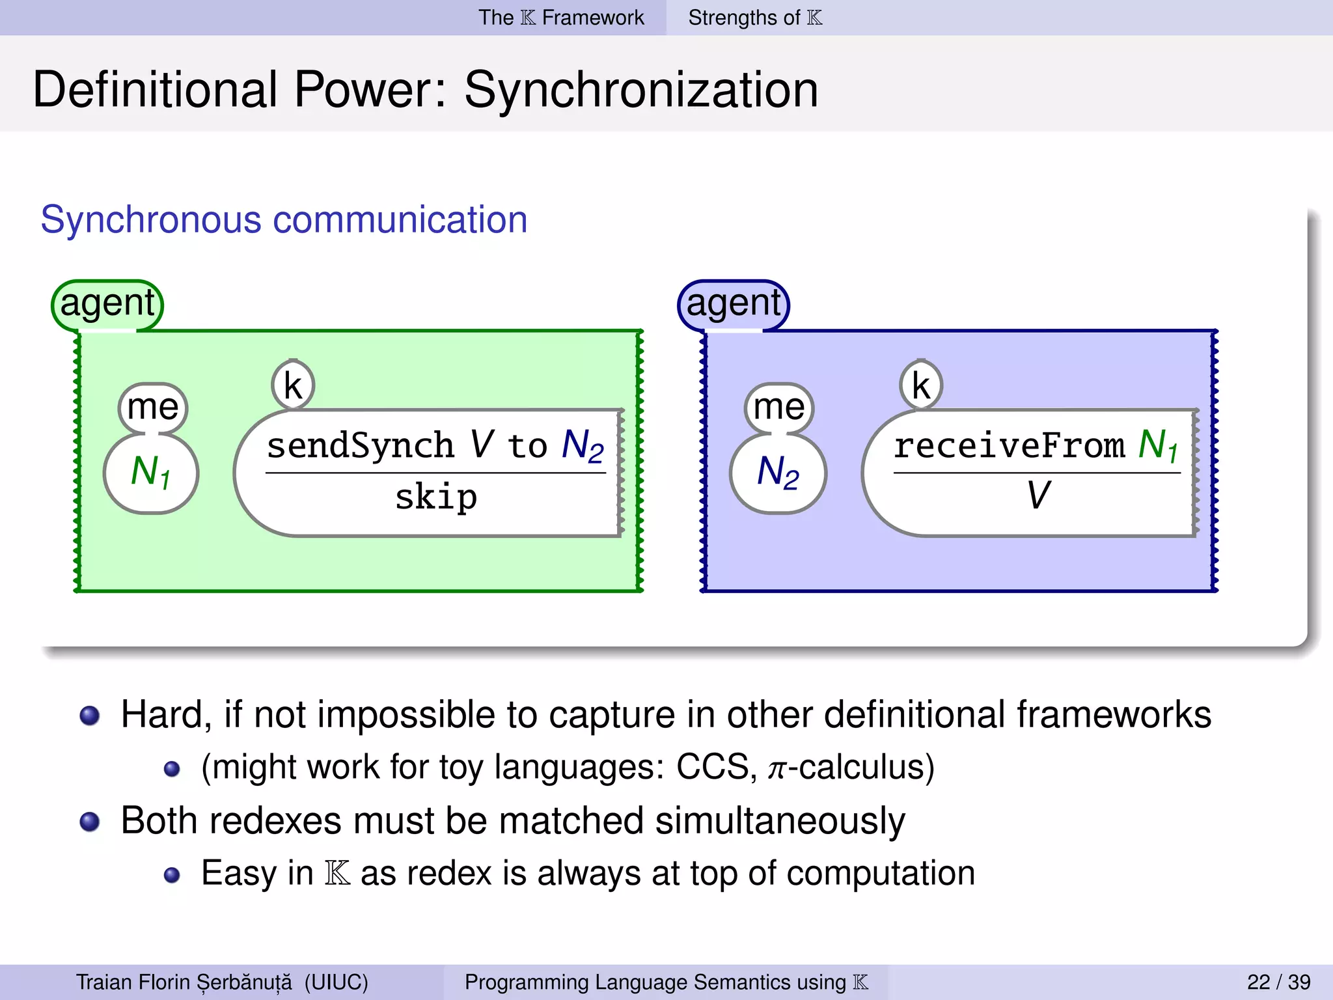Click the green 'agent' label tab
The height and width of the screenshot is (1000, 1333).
click(107, 304)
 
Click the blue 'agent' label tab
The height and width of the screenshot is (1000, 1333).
click(734, 304)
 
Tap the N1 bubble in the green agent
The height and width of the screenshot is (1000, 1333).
click(151, 472)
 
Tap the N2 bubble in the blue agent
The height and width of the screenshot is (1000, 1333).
click(778, 472)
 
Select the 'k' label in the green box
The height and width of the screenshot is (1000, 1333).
click(293, 385)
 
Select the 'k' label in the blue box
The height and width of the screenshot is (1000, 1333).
click(921, 385)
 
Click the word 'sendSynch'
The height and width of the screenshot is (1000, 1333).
click(360, 446)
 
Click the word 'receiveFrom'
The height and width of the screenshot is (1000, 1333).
click(1009, 446)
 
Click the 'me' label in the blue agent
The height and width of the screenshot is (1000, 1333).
click(779, 408)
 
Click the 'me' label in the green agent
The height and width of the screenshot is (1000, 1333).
click(153, 408)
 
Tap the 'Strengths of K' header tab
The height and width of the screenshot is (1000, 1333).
click(755, 18)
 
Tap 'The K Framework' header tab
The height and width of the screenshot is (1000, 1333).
click(561, 18)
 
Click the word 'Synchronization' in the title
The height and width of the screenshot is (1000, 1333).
click(641, 90)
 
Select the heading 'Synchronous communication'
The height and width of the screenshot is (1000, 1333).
click(284, 219)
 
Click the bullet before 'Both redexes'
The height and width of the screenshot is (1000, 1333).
click(90, 822)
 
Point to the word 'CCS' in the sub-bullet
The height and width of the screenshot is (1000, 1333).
click(713, 767)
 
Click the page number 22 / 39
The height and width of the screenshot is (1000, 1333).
click(1278, 982)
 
